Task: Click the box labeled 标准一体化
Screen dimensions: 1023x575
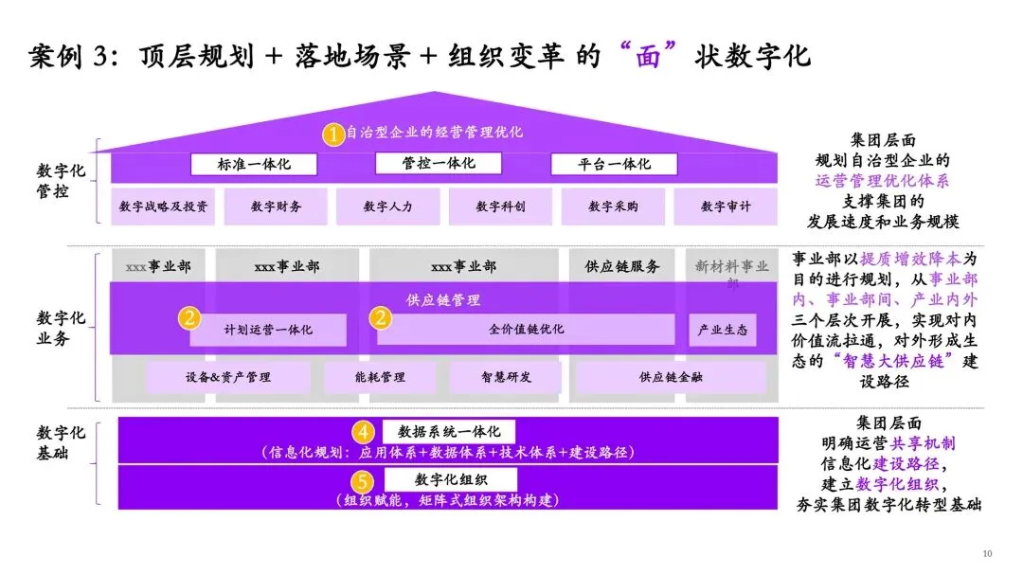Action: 254,164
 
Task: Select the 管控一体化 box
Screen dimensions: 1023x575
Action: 437,163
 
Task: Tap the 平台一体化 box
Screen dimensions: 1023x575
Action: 614,164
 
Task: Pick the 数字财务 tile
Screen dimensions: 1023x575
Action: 276,206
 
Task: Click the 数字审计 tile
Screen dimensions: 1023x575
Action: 726,206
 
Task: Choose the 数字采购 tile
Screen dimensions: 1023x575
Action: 613,206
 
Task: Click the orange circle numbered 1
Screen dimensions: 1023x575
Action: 332,135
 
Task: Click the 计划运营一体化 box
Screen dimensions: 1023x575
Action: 268,330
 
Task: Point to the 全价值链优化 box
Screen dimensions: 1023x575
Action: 526,330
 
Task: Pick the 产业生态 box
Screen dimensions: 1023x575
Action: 722,330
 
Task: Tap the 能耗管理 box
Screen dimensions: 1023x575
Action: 379,377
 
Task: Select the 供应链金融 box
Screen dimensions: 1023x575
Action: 671,377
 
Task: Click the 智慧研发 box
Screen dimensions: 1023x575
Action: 505,377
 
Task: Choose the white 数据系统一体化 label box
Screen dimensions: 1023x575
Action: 448,430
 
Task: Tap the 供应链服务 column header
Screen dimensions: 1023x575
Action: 622,266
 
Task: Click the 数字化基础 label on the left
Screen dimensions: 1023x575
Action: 62,443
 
